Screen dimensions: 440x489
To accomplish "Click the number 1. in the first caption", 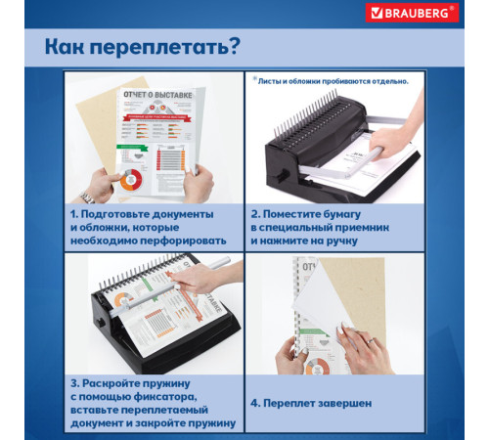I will pos(74,213).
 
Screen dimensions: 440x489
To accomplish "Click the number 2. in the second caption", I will pos(255,213).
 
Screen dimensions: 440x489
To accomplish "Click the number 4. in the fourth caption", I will pos(256,402).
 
